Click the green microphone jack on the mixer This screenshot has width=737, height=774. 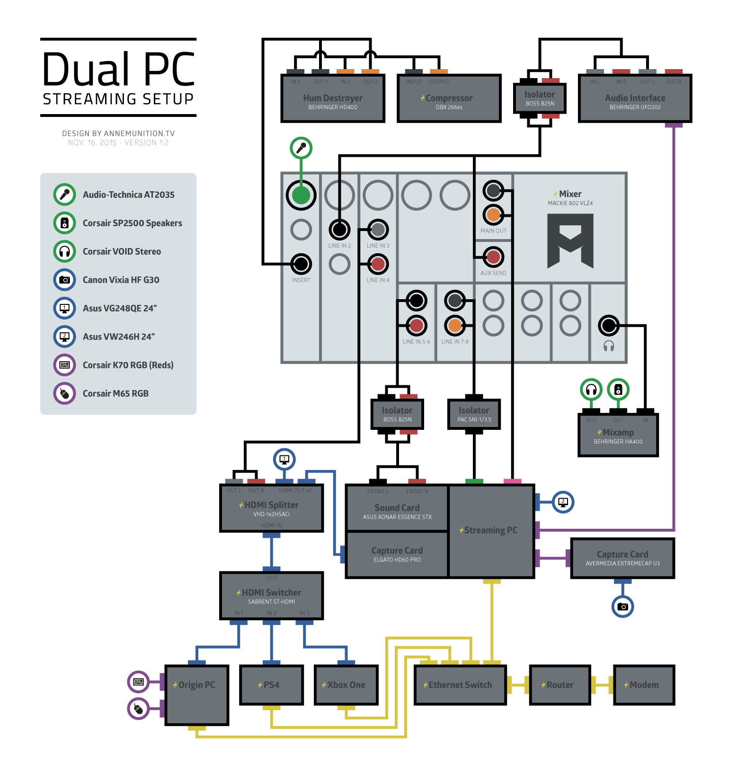tap(301, 195)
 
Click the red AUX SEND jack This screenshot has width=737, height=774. tap(493, 257)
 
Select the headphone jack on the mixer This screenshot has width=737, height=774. tap(608, 325)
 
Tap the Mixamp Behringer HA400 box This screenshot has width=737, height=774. tap(618, 436)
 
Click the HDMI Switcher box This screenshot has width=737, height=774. tap(271, 596)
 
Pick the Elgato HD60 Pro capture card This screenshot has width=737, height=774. tap(397, 554)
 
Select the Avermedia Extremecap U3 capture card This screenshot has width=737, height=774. tap(622, 558)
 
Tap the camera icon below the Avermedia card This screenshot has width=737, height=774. tap(622, 606)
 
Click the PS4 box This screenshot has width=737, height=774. tap(271, 685)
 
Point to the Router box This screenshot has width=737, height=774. tap(559, 685)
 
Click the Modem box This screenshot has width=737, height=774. tap(644, 685)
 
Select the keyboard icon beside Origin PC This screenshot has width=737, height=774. tap(139, 682)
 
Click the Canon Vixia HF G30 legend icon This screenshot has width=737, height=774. tap(65, 280)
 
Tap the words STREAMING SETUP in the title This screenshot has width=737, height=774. tap(118, 99)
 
